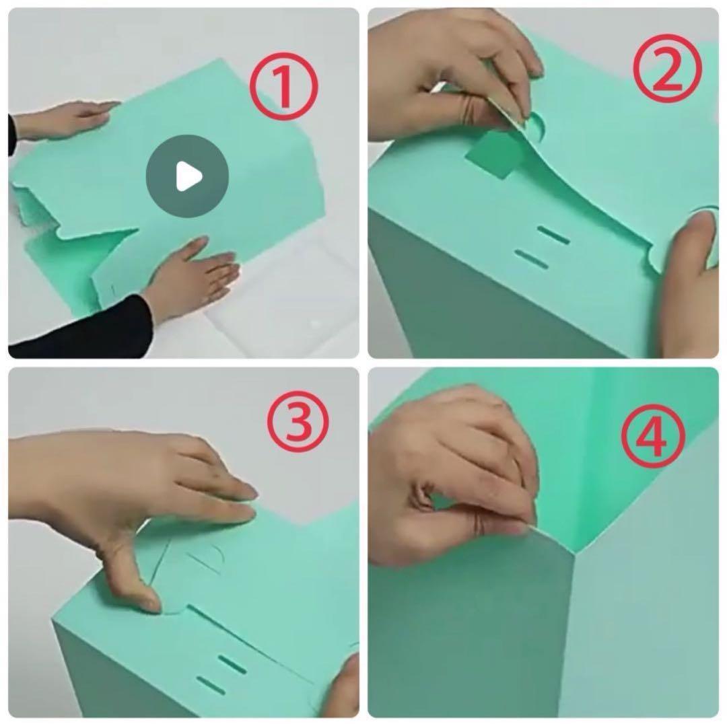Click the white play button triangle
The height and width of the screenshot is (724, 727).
point(188,176)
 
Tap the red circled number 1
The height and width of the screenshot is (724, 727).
point(284,86)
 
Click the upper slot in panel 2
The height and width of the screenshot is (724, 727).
point(553,235)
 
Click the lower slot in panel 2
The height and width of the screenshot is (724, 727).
point(531,258)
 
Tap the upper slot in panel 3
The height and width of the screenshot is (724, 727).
point(232,664)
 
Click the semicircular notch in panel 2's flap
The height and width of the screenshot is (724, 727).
point(536,125)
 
